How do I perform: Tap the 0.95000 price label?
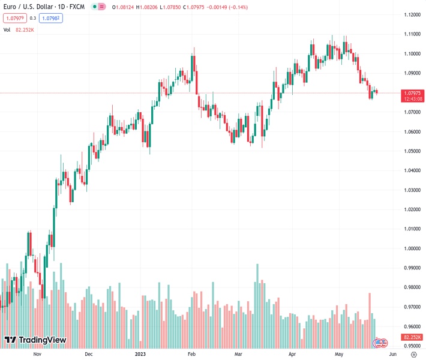click(411, 346)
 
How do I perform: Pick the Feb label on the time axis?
click(191, 354)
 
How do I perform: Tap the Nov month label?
click(37, 354)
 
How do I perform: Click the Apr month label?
click(292, 354)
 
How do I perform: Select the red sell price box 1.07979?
click(14, 18)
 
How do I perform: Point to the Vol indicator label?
click(7, 29)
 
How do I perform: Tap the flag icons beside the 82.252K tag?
click(380, 343)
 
